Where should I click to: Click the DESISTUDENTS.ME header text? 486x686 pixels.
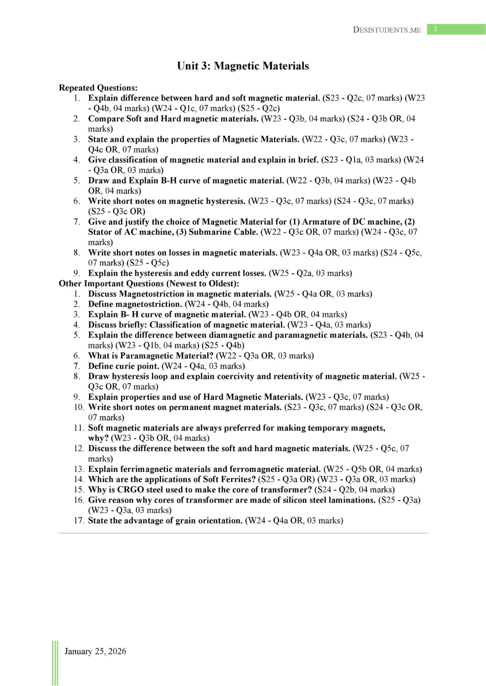click(387, 30)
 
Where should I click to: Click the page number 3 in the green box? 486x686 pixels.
click(435, 30)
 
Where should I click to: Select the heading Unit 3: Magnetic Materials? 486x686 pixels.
click(243, 66)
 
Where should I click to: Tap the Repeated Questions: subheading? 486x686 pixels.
click(98, 88)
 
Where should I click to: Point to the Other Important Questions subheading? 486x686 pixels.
click(149, 284)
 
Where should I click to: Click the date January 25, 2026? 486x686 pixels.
click(95, 651)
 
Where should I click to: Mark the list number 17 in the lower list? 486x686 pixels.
click(79, 521)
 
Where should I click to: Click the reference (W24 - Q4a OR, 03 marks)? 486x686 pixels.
click(294, 521)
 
